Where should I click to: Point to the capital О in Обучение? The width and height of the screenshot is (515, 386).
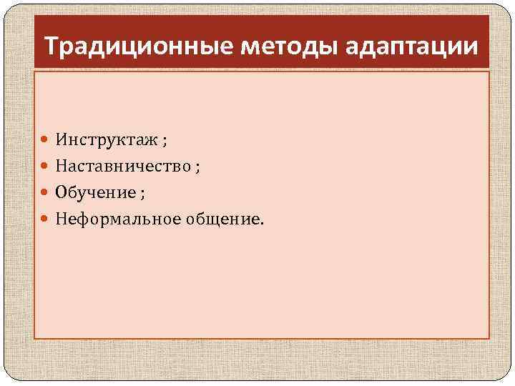click(x=62, y=192)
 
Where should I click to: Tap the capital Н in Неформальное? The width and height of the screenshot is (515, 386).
click(x=62, y=219)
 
